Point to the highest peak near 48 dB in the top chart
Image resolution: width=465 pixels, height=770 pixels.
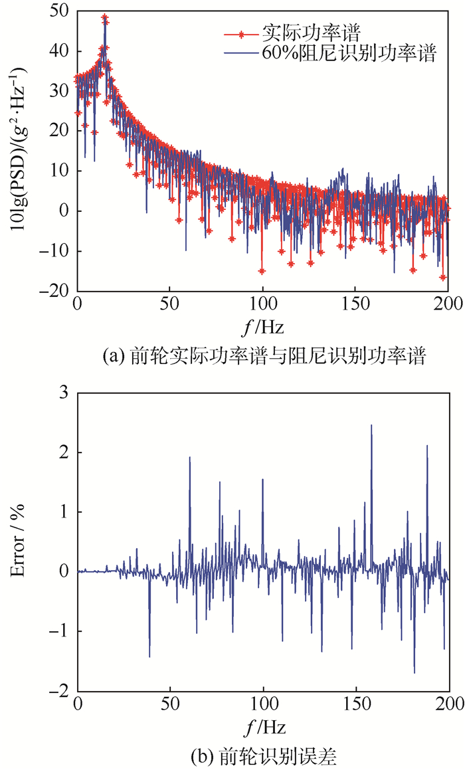pos(104,17)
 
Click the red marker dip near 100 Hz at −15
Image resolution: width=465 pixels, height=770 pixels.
pos(262,271)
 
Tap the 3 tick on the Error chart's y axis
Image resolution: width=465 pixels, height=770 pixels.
pos(66,393)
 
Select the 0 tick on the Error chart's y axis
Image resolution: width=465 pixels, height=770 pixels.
pos(66,571)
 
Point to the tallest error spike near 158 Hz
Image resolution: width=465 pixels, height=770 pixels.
pos(371,426)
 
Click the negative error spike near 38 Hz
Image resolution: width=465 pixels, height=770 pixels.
pos(149,656)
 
